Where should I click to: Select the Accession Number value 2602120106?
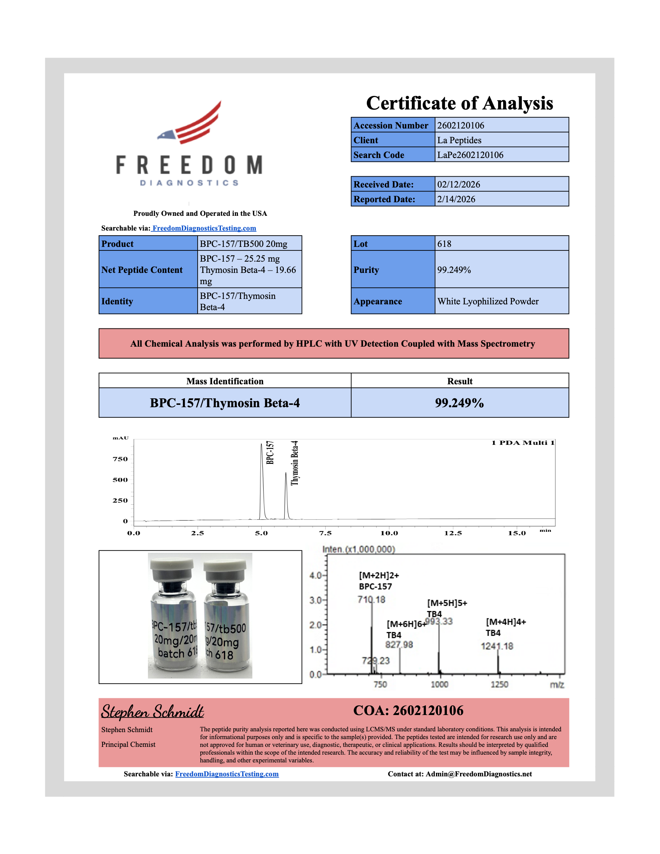(x=460, y=125)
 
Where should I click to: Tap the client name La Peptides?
(x=459, y=140)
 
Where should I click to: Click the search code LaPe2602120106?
(x=470, y=155)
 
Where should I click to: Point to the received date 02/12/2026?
(x=458, y=184)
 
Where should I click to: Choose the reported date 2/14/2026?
(x=456, y=199)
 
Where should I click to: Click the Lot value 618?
(x=444, y=244)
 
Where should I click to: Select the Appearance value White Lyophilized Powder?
(x=488, y=301)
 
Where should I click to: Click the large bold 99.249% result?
(x=459, y=403)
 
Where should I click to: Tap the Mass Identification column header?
(x=225, y=381)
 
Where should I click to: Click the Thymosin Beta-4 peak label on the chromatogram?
(x=295, y=463)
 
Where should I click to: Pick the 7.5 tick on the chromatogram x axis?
(x=325, y=533)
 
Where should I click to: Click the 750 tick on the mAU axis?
(x=120, y=459)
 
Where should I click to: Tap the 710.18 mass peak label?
(x=371, y=599)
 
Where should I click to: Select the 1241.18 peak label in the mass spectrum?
(x=497, y=646)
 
